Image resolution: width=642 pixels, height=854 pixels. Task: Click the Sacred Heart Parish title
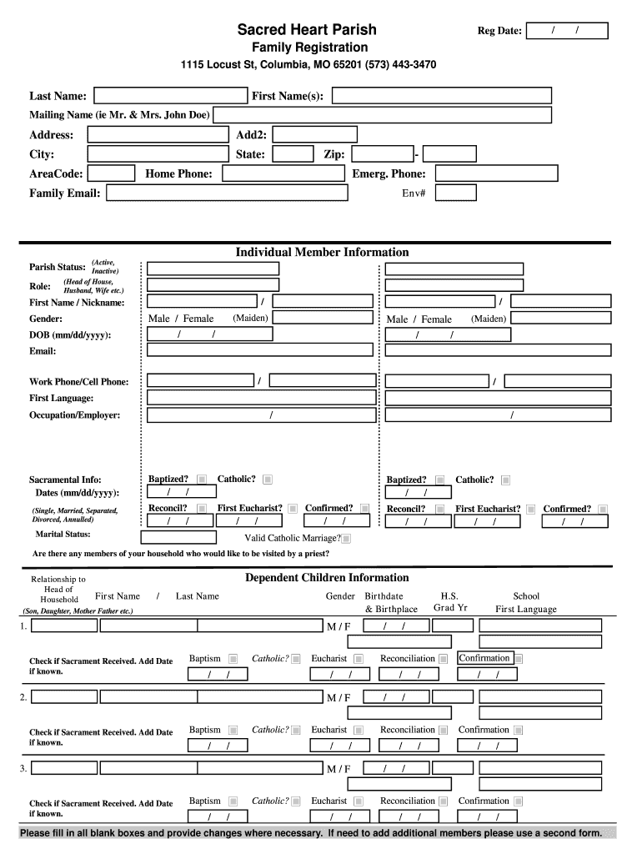(306, 29)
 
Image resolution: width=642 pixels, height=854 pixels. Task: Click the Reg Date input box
(567, 31)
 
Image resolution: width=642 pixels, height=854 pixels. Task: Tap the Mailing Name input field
(382, 115)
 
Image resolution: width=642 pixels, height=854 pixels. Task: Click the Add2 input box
(314, 135)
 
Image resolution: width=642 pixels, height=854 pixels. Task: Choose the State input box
(293, 154)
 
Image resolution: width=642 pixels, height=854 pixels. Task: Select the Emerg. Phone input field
(497, 173)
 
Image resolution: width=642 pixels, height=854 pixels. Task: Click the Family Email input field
(227, 193)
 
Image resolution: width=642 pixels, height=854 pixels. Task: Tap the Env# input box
(456, 193)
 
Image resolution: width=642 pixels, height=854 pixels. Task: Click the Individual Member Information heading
(322, 252)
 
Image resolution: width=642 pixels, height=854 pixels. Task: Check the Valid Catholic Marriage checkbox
(346, 539)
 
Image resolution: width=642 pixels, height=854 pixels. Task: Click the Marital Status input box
(178, 537)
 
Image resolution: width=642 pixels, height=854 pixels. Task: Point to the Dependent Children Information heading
(327, 577)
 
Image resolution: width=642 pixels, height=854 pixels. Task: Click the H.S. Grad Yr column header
(449, 601)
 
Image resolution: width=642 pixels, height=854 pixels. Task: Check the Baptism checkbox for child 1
(233, 659)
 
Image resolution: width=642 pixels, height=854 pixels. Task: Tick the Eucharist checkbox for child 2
(359, 731)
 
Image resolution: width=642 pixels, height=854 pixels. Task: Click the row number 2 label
(24, 697)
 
